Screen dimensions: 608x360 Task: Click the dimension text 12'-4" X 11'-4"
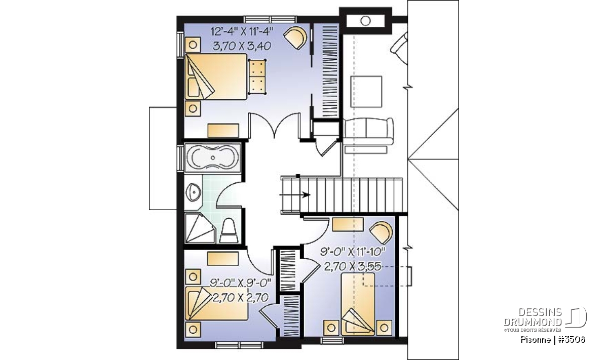[242, 32]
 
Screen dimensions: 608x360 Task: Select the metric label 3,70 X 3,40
[242, 46]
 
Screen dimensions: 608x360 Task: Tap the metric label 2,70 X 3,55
[353, 267]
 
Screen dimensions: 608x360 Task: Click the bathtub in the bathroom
[212, 157]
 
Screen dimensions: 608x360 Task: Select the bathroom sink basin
[193, 192]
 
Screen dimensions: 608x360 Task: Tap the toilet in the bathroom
[229, 230]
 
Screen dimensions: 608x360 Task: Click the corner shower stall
[200, 228]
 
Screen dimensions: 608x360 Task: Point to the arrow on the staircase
[295, 195]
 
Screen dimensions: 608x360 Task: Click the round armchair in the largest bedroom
[296, 37]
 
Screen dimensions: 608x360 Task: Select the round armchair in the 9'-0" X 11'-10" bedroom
[382, 233]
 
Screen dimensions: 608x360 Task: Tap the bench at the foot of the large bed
[257, 77]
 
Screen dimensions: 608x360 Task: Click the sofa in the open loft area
[368, 132]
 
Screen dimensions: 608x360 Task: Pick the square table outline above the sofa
[366, 92]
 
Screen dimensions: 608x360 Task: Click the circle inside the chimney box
[366, 21]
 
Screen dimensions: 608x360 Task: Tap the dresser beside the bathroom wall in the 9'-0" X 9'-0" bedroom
[223, 259]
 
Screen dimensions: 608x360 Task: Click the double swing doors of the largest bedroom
[275, 126]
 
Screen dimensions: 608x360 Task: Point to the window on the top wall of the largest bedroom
[270, 19]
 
